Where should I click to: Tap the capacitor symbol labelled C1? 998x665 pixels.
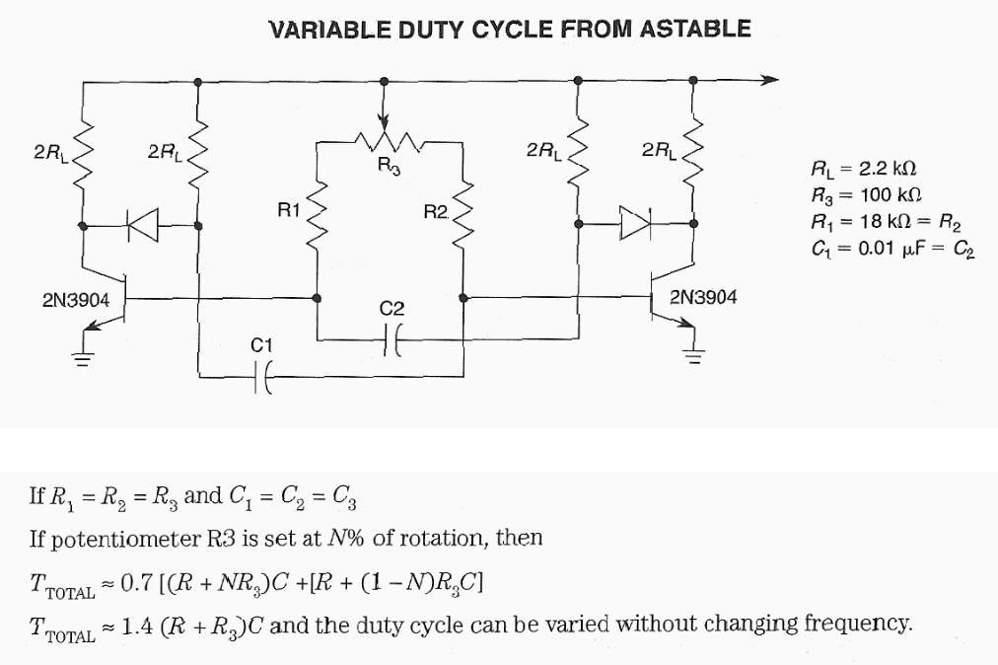[x=262, y=376]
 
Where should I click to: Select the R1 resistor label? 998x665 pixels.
[x=289, y=209]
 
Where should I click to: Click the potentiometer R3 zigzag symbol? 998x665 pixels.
[x=388, y=142]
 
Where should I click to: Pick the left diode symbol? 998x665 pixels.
[x=143, y=226]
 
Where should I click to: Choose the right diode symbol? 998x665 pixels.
[x=632, y=225]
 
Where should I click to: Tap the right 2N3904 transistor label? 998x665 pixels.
[x=702, y=297]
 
